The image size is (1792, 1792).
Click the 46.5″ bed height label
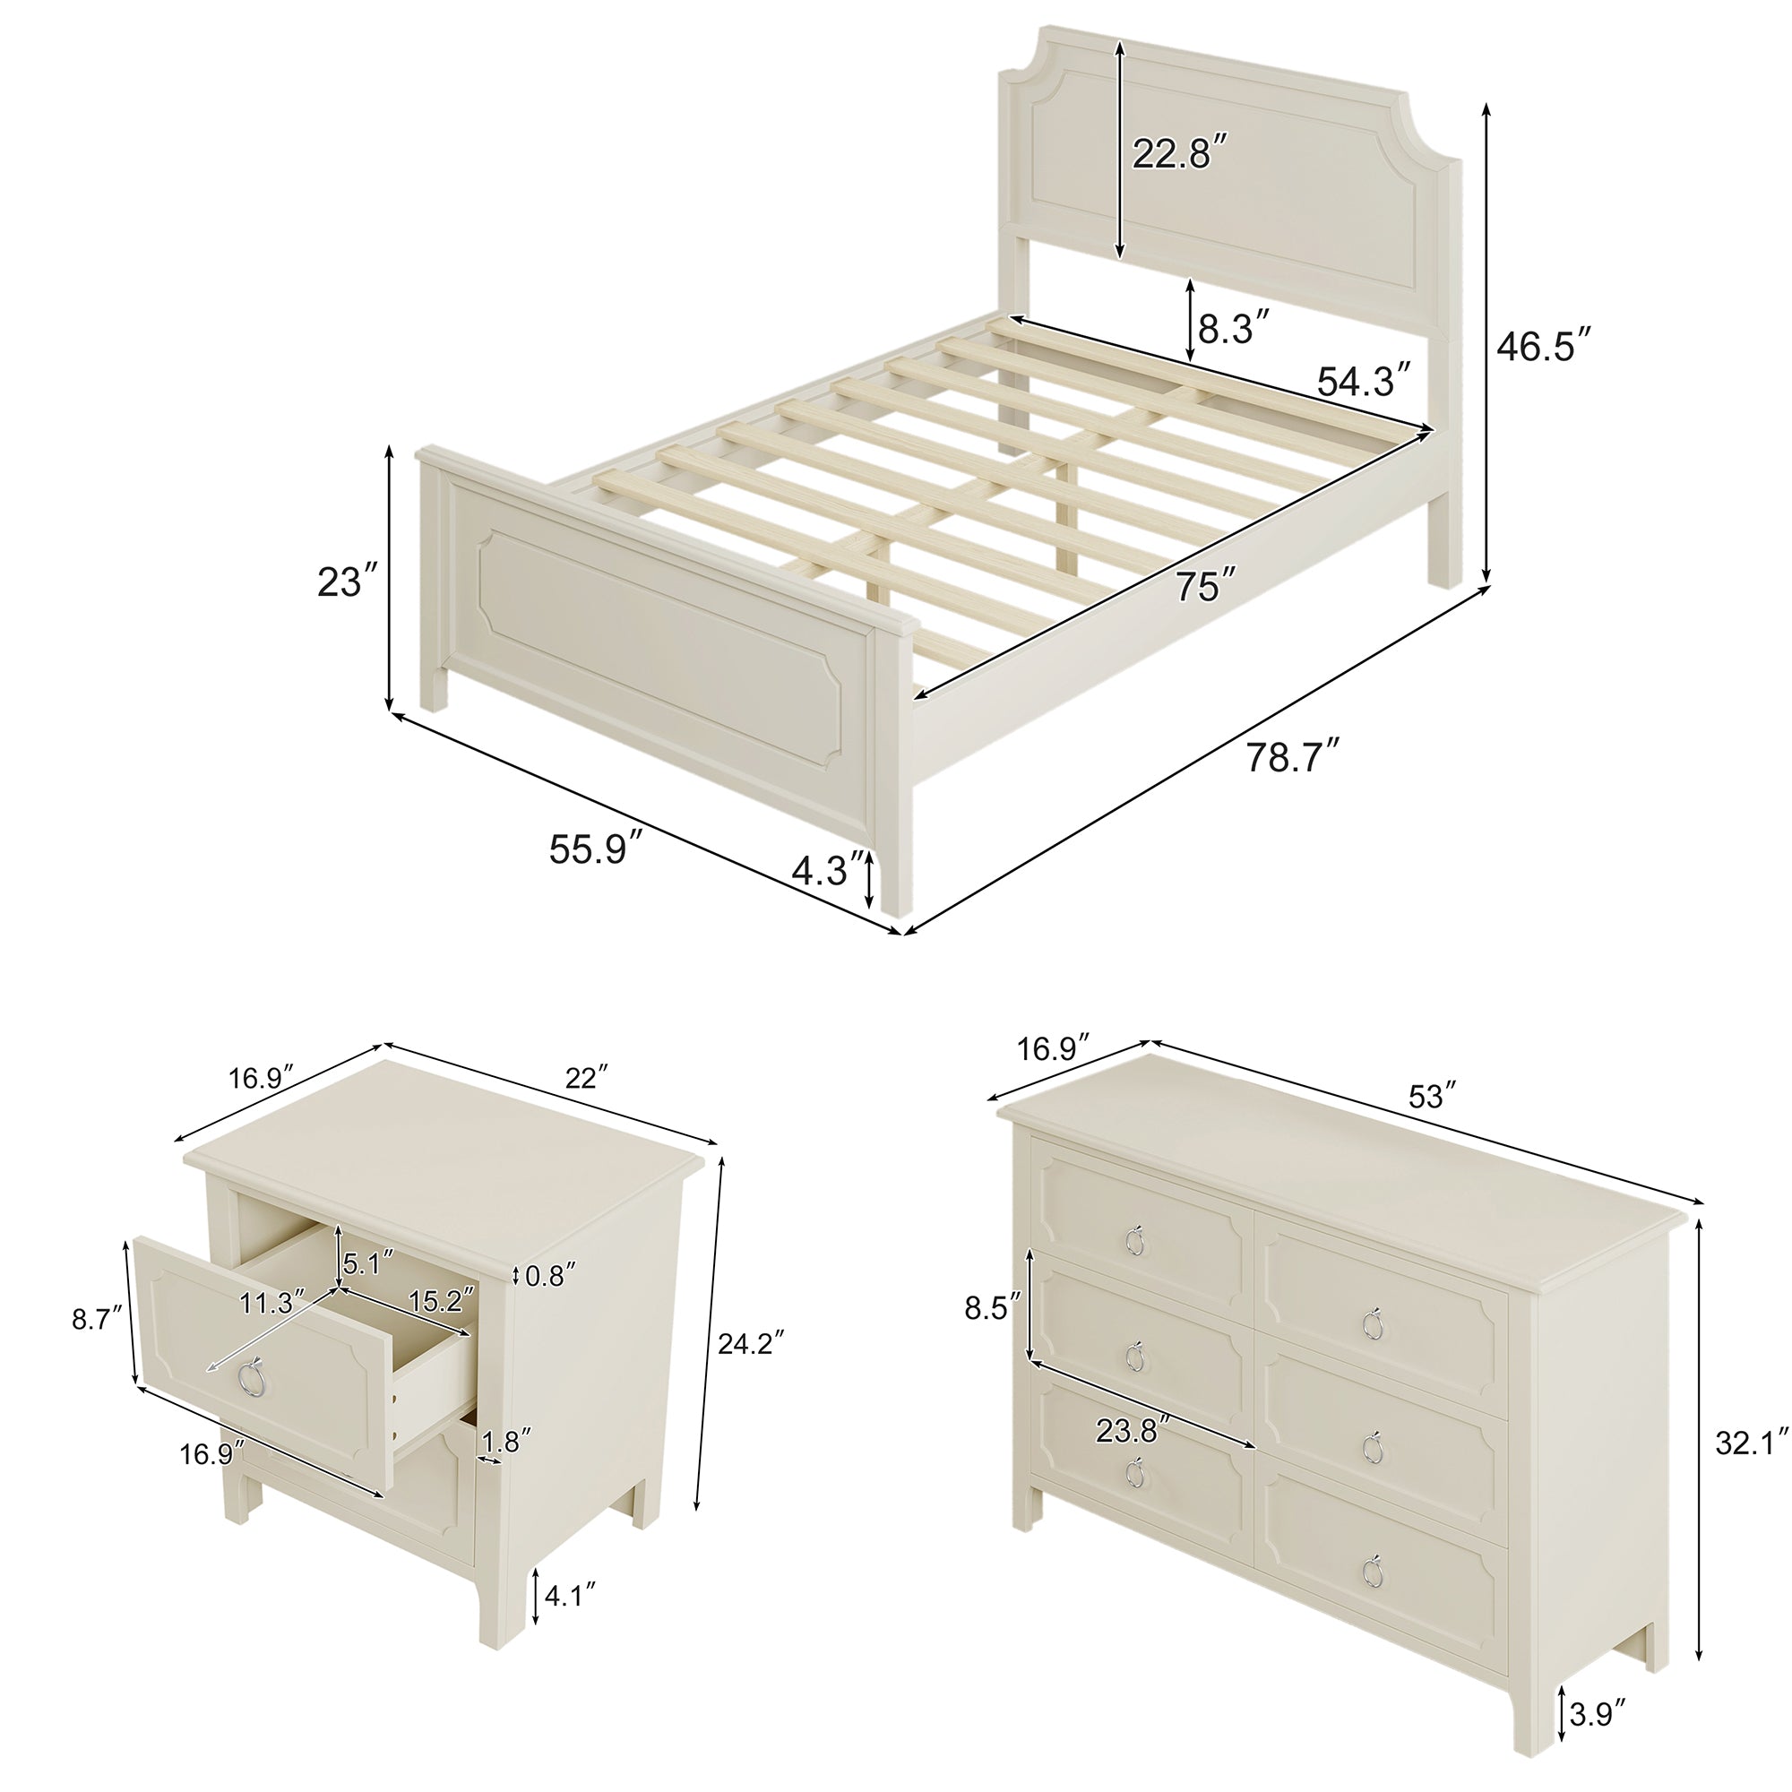point(1546,347)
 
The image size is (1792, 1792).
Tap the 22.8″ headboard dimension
point(1181,152)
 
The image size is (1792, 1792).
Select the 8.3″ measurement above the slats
point(1233,328)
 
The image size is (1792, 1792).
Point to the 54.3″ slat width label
point(1366,380)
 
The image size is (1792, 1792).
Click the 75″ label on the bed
point(1206,585)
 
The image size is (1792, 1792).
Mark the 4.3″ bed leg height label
point(827,869)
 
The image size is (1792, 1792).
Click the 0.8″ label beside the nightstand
point(550,1276)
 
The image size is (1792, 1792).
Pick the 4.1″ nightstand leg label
point(569,1596)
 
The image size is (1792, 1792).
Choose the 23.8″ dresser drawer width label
point(1130,1430)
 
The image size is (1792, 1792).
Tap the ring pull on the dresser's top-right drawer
point(1374,1322)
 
